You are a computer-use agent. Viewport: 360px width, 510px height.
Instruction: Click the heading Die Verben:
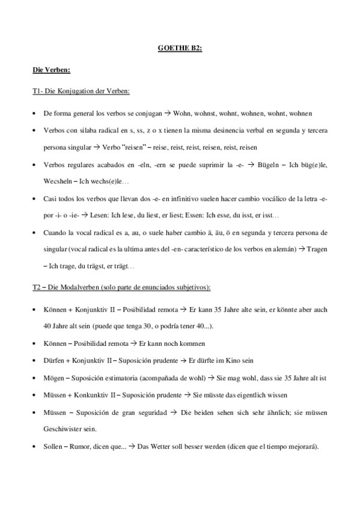tap(52, 71)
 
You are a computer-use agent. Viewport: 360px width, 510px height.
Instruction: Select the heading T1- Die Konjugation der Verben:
tap(81, 91)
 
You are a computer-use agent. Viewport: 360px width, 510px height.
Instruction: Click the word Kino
tap(233, 361)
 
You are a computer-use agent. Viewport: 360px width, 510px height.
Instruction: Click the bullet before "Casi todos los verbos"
tap(34, 198)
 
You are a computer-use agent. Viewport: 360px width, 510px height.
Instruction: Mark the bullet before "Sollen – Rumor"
tap(34, 447)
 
